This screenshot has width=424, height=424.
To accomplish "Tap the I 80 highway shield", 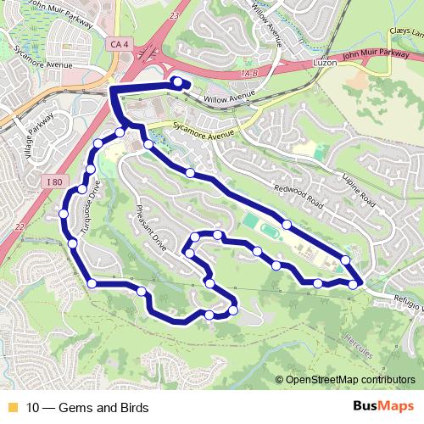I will click(x=54, y=181).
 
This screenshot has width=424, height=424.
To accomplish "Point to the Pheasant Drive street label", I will click(x=150, y=226).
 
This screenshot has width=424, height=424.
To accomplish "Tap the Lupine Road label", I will click(x=360, y=187).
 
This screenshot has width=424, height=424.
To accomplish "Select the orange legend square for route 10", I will click(x=11, y=407).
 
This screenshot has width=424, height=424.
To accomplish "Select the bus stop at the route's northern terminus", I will click(x=178, y=81).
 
